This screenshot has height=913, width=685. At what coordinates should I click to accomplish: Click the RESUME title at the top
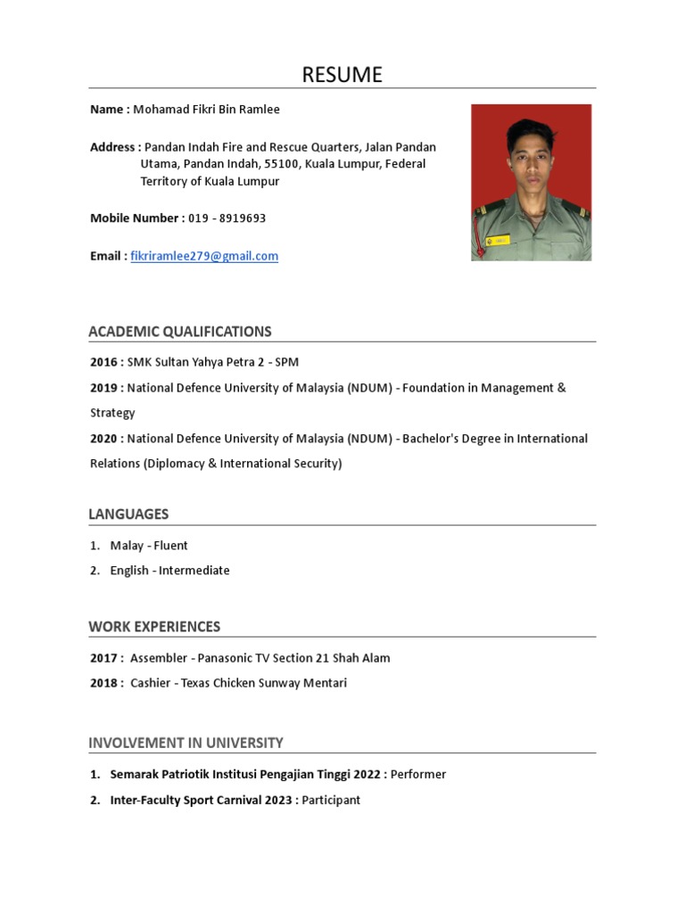click(342, 75)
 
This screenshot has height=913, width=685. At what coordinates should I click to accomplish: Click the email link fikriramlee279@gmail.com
click(204, 256)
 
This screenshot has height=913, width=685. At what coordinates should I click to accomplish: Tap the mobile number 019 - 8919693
click(227, 218)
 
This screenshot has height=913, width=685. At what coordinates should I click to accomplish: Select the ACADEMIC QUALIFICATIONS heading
click(180, 332)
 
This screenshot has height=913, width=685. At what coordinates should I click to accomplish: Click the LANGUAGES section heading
click(128, 514)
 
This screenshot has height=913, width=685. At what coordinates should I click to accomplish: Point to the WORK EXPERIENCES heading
click(154, 627)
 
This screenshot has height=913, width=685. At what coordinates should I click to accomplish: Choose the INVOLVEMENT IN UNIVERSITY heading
click(186, 743)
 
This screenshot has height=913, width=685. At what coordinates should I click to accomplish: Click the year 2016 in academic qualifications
click(103, 362)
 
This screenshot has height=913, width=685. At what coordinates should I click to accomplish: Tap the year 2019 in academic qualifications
click(103, 388)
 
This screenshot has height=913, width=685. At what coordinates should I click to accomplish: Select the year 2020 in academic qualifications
click(103, 439)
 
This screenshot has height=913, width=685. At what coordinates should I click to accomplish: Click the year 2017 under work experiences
click(103, 658)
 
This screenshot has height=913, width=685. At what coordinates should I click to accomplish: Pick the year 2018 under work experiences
click(103, 683)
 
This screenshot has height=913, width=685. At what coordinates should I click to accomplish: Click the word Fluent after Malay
click(170, 546)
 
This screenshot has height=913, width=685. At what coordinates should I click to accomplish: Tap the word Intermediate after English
click(194, 571)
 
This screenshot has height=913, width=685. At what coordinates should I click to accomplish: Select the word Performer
click(418, 774)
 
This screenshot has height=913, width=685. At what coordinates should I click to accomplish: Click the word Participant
click(331, 800)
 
